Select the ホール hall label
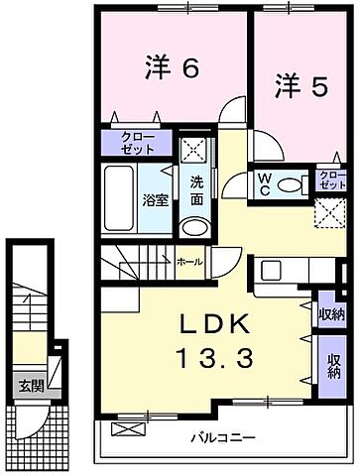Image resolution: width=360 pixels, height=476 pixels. coord(189,263)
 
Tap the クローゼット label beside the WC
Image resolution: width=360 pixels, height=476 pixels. coord(333,179)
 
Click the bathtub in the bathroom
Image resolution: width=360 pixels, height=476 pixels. coord(122,198)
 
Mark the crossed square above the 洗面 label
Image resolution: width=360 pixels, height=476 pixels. coord(194,150)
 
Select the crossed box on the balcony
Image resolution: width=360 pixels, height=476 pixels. coord(128,429)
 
